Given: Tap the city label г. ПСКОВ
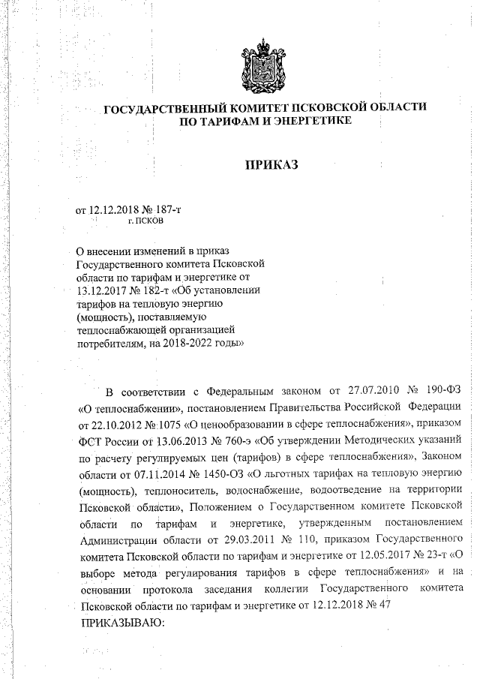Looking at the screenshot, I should [x=144, y=222].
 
